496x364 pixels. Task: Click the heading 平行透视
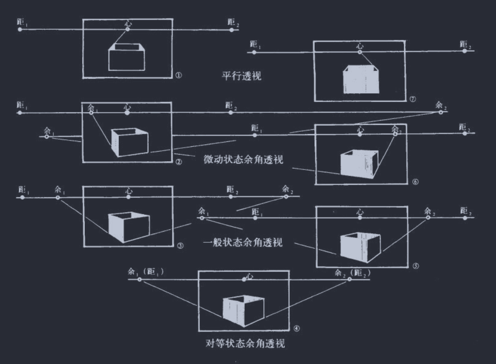point(241,76)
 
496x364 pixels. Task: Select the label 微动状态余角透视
point(243,159)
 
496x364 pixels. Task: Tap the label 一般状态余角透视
point(243,242)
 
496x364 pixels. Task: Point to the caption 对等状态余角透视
point(245,343)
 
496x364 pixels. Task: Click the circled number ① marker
point(179,75)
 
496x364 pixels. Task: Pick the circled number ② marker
point(179,162)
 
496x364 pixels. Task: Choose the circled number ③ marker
point(180,246)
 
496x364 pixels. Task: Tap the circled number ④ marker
point(297,328)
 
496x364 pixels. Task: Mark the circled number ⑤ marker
point(416,266)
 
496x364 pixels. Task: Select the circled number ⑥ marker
point(415,182)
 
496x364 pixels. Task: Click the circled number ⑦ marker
point(412,99)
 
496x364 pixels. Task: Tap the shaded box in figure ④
point(243,311)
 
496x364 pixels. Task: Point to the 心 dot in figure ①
point(128,29)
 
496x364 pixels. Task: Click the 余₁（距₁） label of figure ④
point(146,271)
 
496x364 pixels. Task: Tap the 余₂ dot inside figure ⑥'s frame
point(395,134)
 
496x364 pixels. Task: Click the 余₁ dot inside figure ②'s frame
point(91,113)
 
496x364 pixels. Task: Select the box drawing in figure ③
point(129,227)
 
